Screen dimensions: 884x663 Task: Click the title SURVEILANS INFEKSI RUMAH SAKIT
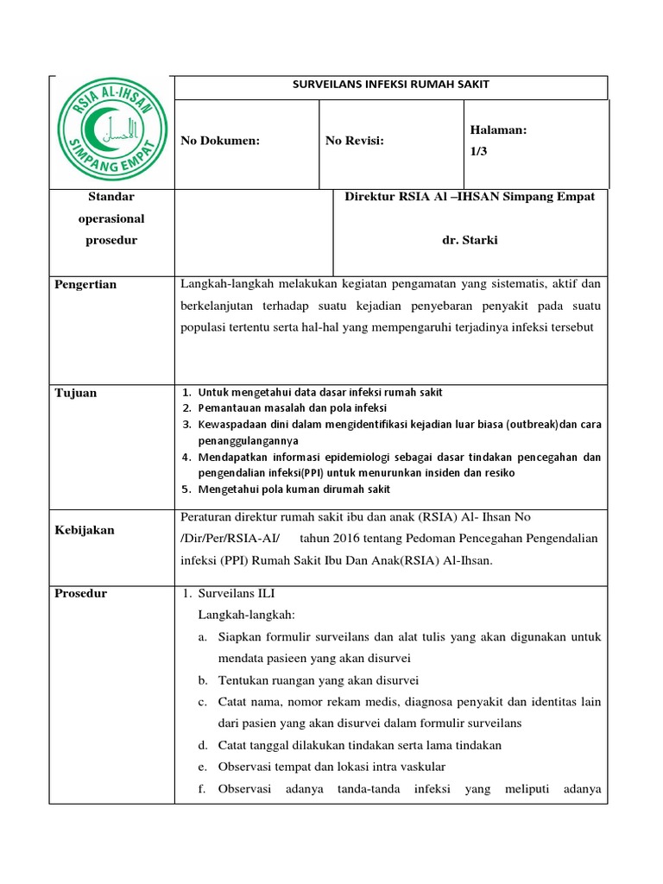[x=391, y=85]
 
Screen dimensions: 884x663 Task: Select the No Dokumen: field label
[x=219, y=141]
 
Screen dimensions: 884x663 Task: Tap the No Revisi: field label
[x=355, y=141]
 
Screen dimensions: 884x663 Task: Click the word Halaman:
[x=498, y=129]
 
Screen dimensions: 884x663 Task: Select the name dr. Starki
[x=470, y=240]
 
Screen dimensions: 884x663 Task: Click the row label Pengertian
[x=85, y=284]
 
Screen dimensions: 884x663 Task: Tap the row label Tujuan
[x=75, y=393]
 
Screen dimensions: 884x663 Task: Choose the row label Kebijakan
[x=85, y=530]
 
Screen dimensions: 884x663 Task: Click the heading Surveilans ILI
[x=237, y=593]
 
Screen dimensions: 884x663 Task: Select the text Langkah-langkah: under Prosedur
[x=247, y=615]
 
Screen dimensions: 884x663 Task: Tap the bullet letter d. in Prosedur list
[x=202, y=745]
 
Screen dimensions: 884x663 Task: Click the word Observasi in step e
[x=246, y=767]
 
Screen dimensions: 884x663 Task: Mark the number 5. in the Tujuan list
[x=186, y=489]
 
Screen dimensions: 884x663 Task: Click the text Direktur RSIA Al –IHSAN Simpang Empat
[x=470, y=197]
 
